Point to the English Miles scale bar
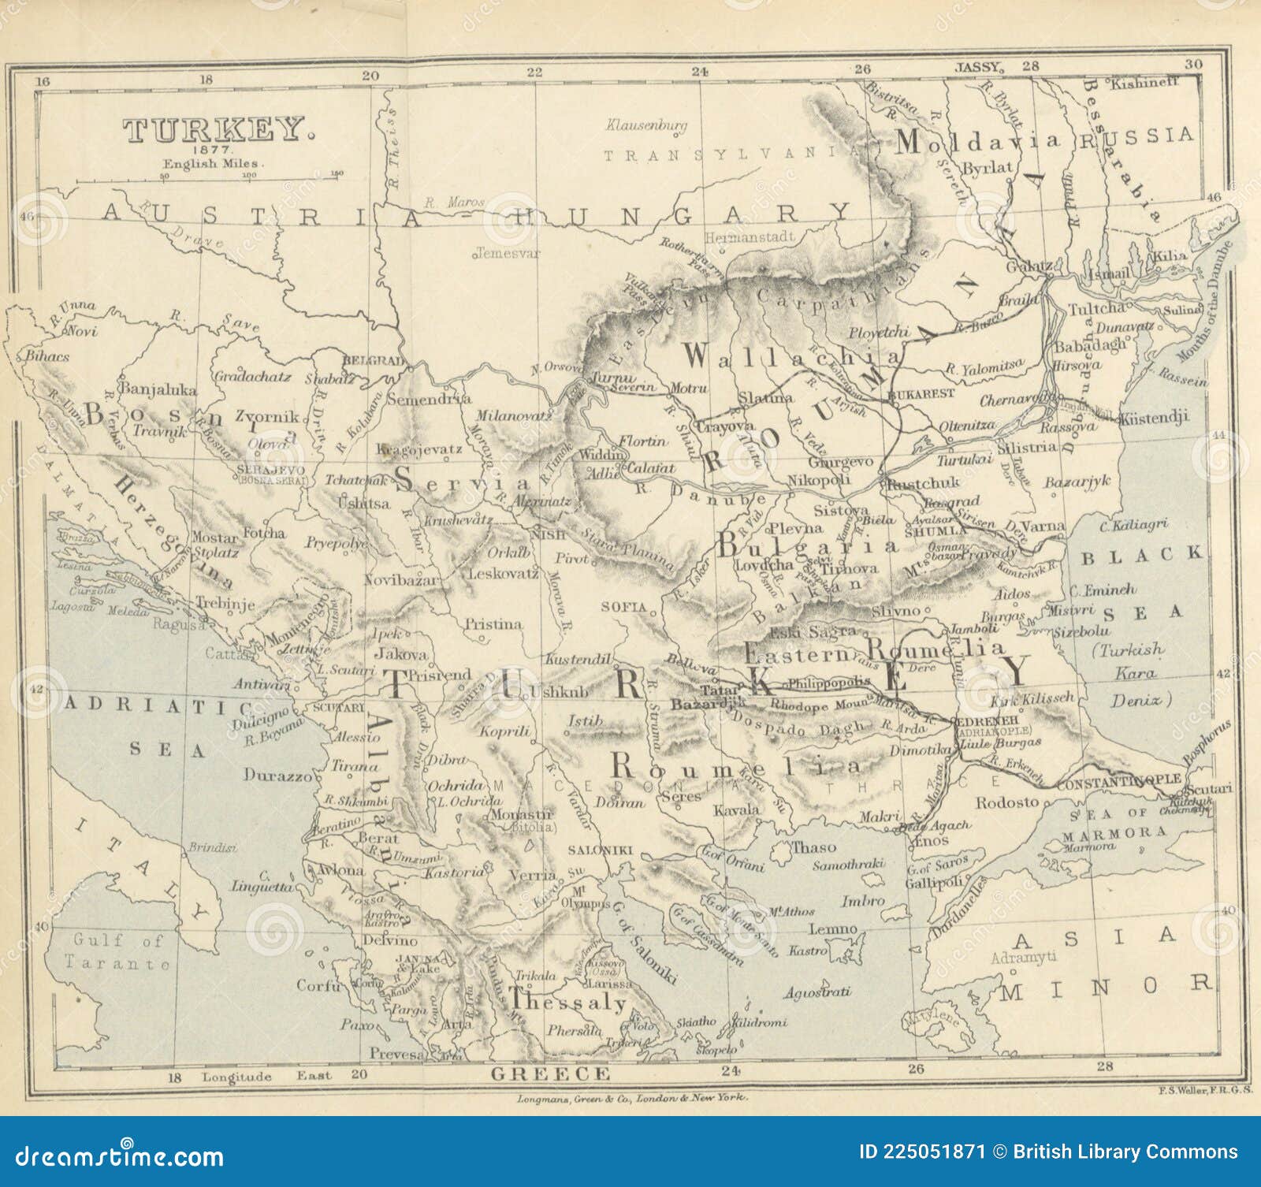click(x=209, y=180)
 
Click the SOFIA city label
click(x=623, y=607)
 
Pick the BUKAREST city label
click(x=921, y=393)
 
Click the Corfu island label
click(x=318, y=985)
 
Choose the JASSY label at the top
click(x=977, y=67)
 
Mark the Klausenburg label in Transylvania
click(x=646, y=125)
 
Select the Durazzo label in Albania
click(x=277, y=775)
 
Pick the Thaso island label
click(x=813, y=847)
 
